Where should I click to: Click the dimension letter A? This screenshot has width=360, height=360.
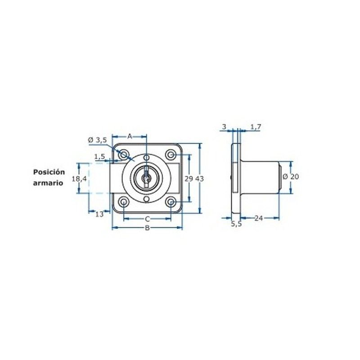pyautogui.click(x=130, y=136)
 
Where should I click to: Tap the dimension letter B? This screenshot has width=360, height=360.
pyautogui.click(x=147, y=228)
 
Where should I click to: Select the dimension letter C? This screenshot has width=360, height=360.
pyautogui.click(x=148, y=219)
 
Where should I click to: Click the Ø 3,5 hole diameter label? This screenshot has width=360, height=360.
pyautogui.click(x=98, y=140)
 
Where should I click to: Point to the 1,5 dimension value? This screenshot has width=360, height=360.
pyautogui.click(x=99, y=157)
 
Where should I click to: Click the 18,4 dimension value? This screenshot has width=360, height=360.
pyautogui.click(x=79, y=178)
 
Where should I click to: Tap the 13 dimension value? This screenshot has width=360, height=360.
pyautogui.click(x=99, y=214)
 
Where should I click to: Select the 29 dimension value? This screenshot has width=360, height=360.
pyautogui.click(x=189, y=179)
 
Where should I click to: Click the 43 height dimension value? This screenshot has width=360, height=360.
pyautogui.click(x=200, y=179)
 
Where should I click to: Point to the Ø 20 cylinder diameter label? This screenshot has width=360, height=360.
pyautogui.click(x=291, y=176)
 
